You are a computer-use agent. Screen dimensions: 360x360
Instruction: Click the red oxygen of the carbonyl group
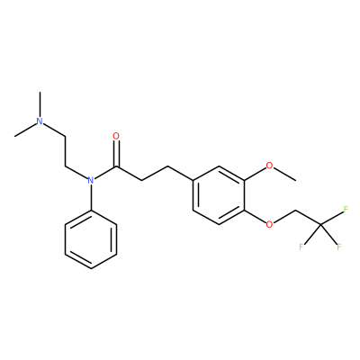[116, 136]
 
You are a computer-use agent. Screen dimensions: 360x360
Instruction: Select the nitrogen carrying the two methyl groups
[40, 121]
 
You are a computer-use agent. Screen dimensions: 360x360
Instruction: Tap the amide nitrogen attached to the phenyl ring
[91, 180]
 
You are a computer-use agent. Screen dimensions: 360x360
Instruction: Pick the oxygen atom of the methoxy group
[270, 166]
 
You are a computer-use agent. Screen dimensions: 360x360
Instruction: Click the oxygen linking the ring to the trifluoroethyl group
[270, 224]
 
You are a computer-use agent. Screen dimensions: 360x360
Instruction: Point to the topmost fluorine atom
[346, 210]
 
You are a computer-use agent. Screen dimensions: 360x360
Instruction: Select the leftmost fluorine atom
[301, 247]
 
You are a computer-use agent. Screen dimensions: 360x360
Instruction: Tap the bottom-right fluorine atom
[339, 247]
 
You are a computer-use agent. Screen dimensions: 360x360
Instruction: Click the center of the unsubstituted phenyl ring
[91, 239]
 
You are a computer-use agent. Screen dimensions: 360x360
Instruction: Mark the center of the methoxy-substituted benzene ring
[219, 195]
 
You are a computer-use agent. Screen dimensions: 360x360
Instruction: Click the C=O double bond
[116, 154]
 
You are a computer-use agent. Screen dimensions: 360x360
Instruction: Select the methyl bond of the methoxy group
[285, 175]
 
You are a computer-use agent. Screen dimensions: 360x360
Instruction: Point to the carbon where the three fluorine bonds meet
[320, 224]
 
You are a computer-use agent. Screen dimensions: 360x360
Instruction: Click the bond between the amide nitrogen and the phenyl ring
[91, 197]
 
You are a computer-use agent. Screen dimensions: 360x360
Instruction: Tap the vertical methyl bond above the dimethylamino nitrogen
[40, 104]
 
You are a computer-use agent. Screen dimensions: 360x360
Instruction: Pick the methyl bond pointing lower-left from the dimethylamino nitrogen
[25, 130]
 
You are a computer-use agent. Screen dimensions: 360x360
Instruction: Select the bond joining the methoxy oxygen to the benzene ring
[255, 174]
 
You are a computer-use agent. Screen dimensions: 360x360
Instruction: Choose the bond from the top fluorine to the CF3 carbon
[332, 218]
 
